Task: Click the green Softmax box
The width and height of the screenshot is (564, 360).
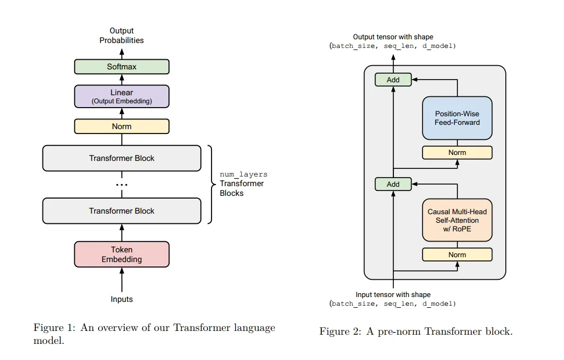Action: click(x=122, y=67)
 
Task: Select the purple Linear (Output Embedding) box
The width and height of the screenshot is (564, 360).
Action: click(x=122, y=96)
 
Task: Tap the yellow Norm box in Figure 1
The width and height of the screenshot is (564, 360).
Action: click(x=122, y=126)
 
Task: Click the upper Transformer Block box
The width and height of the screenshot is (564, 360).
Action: click(x=122, y=158)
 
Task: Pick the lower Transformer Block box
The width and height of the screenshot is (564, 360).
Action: click(x=122, y=211)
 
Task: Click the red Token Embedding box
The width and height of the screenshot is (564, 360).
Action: click(x=122, y=255)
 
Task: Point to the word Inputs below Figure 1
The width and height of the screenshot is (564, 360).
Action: click(x=122, y=299)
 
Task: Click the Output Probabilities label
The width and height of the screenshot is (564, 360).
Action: click(x=122, y=36)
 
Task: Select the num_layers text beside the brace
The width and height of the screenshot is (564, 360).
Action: click(x=243, y=174)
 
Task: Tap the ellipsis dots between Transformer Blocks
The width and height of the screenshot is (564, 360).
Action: click(x=122, y=185)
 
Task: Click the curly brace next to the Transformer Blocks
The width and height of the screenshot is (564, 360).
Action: click(x=210, y=184)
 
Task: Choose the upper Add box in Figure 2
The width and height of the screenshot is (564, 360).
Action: click(x=393, y=80)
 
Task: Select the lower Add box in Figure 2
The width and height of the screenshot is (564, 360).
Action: click(x=393, y=184)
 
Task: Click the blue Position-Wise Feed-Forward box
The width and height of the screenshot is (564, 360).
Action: click(x=457, y=118)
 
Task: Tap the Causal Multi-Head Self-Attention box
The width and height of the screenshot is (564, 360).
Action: click(x=457, y=220)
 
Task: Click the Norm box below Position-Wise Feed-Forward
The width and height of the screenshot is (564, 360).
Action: click(x=457, y=152)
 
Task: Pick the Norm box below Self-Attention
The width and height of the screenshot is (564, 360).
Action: click(x=457, y=255)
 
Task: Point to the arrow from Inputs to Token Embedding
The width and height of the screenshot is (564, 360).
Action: click(x=122, y=280)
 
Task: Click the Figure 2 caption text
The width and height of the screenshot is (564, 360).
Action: click(x=415, y=331)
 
